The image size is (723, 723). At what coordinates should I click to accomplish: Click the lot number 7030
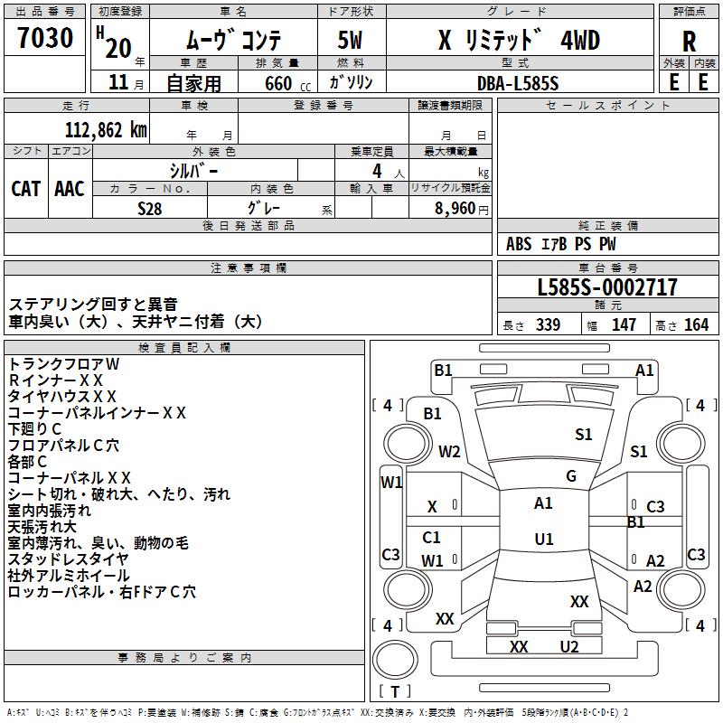[x=45, y=39]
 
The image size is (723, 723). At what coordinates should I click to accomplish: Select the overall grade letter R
[x=689, y=41]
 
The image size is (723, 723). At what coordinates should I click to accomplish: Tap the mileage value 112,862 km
[x=106, y=129]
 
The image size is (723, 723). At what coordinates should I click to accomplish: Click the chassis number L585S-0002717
[x=607, y=287]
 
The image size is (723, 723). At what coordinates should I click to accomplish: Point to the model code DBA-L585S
[x=517, y=82]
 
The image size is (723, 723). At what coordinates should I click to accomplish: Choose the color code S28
[x=149, y=207]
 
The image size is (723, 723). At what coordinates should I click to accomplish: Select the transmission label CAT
[x=26, y=188]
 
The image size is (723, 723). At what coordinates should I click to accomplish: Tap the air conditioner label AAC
[x=70, y=188]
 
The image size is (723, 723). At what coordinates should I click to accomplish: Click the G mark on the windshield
[x=571, y=476]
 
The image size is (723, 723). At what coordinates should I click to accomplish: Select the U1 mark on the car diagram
[x=544, y=540]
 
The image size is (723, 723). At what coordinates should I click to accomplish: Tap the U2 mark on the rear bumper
[x=568, y=646]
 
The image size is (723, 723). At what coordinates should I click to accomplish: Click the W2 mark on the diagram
[x=449, y=452]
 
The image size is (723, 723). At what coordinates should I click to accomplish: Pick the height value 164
[x=696, y=324]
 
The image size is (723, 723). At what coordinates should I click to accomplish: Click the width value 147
[x=624, y=324]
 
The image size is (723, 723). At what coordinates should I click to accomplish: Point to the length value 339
[x=548, y=324]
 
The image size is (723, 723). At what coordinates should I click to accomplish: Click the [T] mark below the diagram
[x=395, y=691]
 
